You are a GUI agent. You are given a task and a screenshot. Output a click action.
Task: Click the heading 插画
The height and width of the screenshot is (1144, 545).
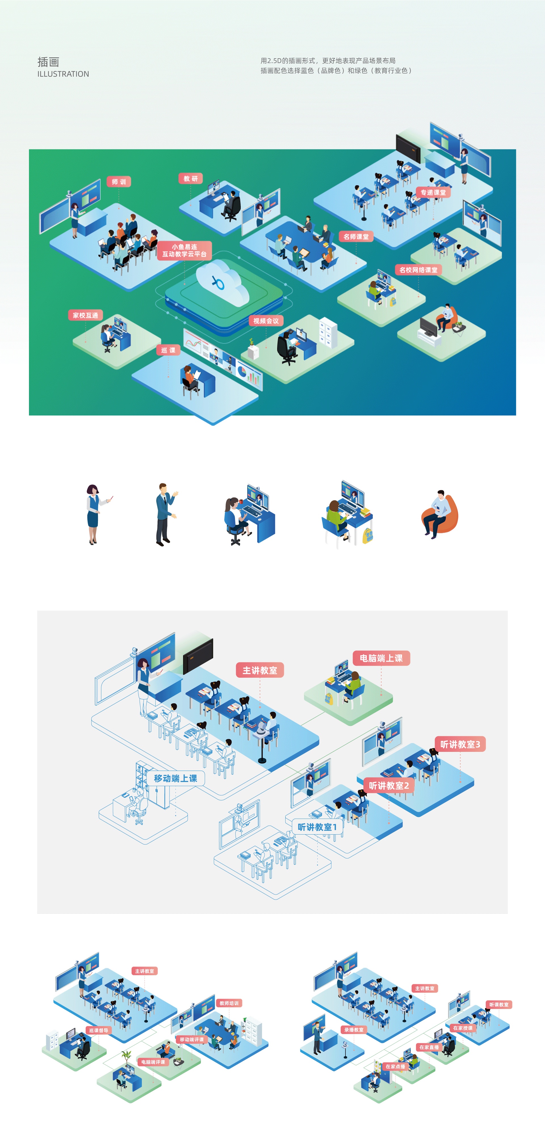click(48, 62)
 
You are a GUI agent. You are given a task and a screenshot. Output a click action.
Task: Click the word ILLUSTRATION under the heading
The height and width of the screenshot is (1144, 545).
click(63, 74)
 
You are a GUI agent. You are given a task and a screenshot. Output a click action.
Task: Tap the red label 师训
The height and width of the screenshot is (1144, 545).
click(118, 182)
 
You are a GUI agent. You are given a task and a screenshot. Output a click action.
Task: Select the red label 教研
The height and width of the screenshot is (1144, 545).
click(190, 178)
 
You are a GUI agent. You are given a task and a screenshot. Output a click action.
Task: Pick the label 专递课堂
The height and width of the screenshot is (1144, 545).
click(433, 192)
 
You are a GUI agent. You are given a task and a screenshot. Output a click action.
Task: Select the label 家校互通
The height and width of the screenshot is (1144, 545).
click(85, 315)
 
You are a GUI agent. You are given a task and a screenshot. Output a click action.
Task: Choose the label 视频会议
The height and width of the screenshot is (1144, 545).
click(266, 321)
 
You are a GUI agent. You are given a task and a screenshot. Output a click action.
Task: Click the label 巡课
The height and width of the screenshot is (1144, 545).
click(168, 350)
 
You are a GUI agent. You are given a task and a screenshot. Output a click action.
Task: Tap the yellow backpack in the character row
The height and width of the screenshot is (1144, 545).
click(368, 536)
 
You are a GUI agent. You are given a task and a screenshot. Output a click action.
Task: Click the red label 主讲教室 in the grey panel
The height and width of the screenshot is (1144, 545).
click(260, 670)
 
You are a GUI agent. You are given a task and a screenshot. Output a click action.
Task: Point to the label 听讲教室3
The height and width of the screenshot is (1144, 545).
click(460, 744)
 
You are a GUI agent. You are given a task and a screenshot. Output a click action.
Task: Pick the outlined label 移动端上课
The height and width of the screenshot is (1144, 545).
click(175, 778)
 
